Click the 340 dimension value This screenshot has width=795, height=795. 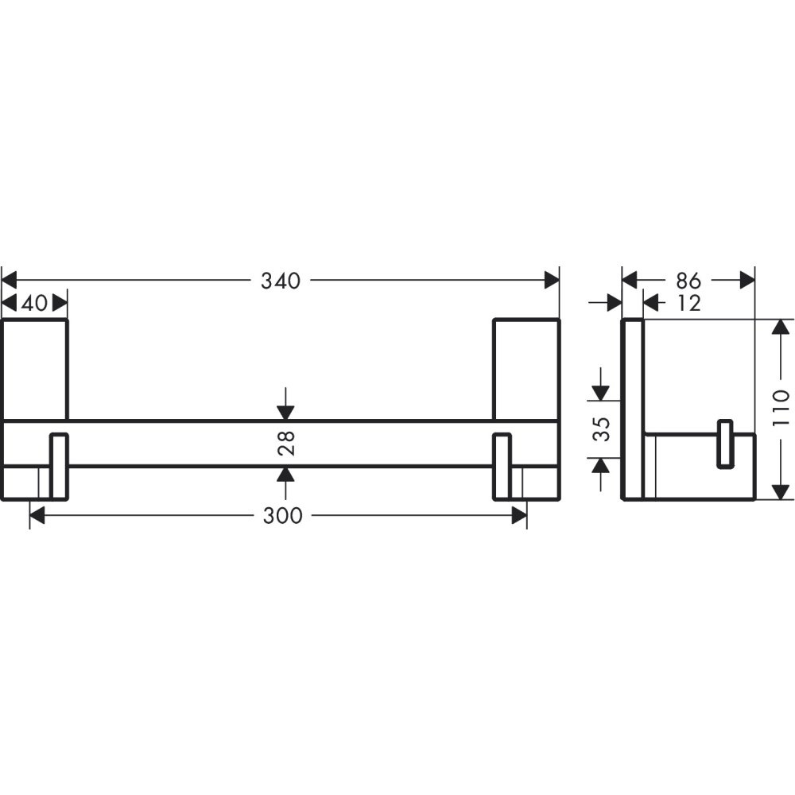coord(281,281)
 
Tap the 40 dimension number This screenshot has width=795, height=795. coord(34,303)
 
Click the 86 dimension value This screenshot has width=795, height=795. coord(688,281)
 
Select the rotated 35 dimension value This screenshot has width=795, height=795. coord(602,429)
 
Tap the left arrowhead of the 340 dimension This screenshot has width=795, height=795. coord(10,280)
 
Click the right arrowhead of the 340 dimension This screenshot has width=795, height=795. coord(551,280)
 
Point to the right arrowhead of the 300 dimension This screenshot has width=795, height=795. coord(518,516)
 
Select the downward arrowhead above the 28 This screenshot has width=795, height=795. coord(285,412)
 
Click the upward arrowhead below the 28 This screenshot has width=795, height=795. coord(285,475)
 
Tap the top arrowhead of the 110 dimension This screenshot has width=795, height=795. coord(781,327)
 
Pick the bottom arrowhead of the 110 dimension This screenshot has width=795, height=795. coord(781,491)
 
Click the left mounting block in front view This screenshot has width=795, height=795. coord(34,368)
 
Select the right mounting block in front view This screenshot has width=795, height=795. coord(525,368)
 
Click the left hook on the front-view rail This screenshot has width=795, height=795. coord(60,466)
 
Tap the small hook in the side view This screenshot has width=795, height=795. coord(724,444)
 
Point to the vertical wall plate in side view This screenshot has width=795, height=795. coord(631,409)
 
